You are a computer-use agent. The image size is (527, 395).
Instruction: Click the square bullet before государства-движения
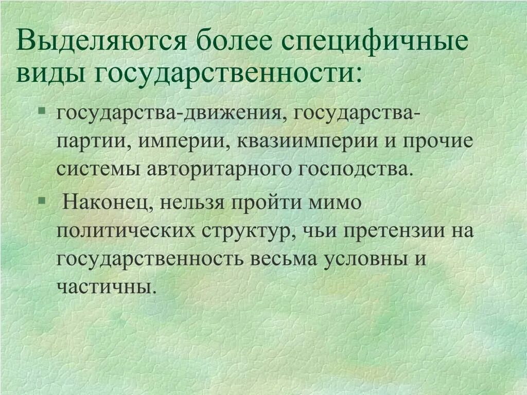(x=42, y=111)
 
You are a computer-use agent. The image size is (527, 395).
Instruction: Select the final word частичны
(x=106, y=286)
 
